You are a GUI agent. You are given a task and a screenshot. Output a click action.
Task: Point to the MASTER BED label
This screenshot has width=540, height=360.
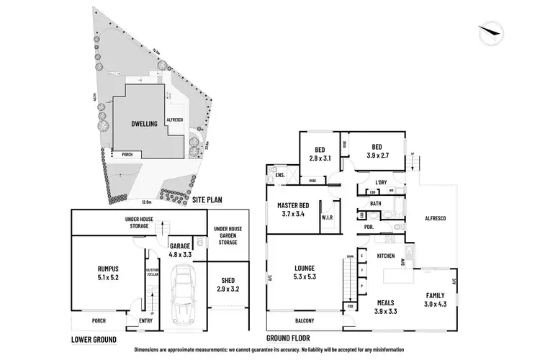[293, 209]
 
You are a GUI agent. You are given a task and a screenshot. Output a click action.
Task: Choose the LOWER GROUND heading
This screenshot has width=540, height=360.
[94, 337]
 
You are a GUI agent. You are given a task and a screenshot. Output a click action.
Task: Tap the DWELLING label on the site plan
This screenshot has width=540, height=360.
[144, 124]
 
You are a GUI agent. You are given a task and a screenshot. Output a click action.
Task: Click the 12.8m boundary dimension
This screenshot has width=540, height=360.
[147, 202]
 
